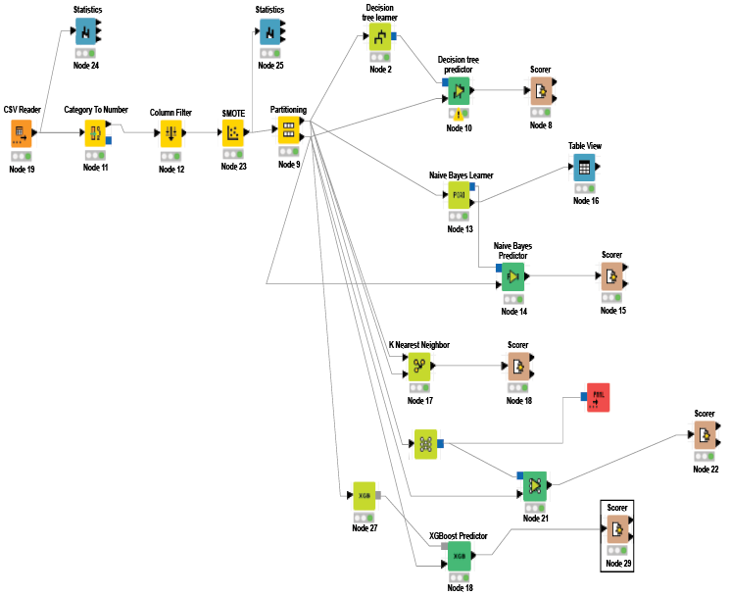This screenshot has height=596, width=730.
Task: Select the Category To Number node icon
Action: [x=96, y=133]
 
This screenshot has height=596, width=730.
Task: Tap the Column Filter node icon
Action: [x=170, y=133]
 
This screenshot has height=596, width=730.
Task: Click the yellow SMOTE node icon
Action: [x=233, y=133]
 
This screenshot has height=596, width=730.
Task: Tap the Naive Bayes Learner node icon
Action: [x=459, y=194]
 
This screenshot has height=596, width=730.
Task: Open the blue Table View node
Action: [x=584, y=167]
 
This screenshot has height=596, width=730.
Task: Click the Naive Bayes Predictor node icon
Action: [x=511, y=276]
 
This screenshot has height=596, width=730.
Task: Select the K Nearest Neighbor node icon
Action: [x=418, y=367]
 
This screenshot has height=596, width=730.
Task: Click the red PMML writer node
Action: [x=598, y=396]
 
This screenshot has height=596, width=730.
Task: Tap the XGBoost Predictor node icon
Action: [x=460, y=556]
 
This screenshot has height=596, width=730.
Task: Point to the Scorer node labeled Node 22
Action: [x=705, y=436]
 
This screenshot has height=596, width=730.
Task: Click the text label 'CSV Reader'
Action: [x=21, y=110]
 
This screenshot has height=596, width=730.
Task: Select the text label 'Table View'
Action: [x=584, y=145]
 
